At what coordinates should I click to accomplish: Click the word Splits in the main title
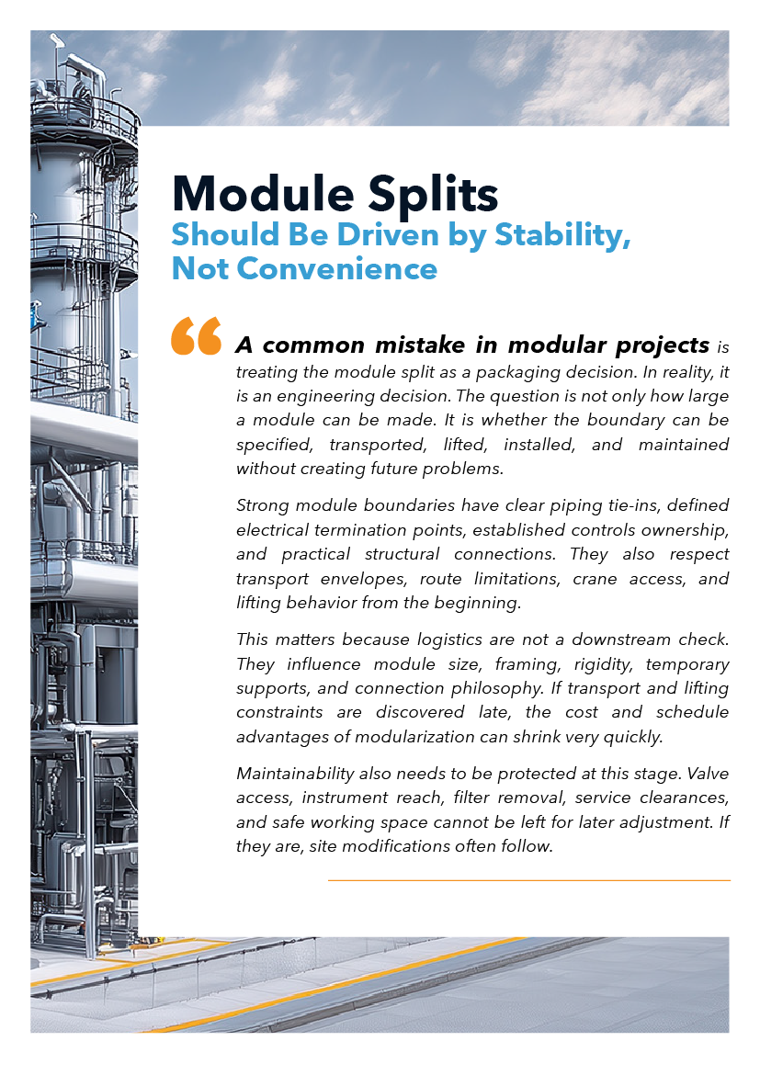click(x=433, y=195)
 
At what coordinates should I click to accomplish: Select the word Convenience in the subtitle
click(x=337, y=268)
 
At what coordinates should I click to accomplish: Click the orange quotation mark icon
click(x=197, y=336)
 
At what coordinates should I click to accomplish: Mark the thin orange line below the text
click(x=528, y=880)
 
